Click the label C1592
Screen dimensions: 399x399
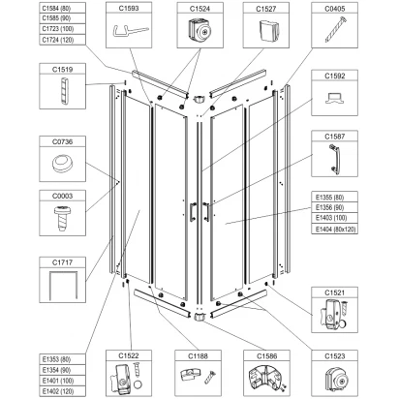coord(336,74)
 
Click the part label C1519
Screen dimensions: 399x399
coord(63,71)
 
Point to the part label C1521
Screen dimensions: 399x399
coord(336,292)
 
